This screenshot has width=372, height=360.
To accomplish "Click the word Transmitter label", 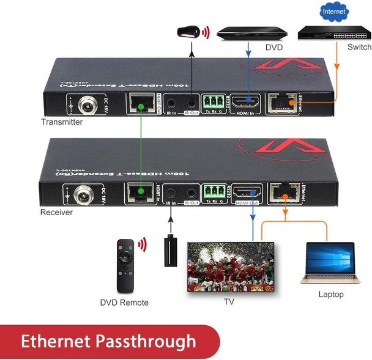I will [x=62, y=122].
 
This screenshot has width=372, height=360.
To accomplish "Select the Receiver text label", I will [x=57, y=213].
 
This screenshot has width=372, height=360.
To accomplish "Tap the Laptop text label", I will [x=331, y=295].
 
